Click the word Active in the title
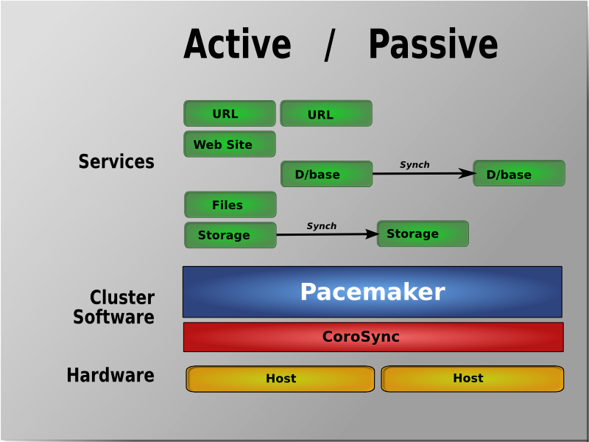pos(237,45)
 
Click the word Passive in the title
pos(433,45)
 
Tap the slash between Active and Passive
pos(329,47)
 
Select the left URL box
pos(229,113)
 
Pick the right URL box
pos(325,113)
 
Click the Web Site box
pos(229,144)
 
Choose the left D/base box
pos(326,174)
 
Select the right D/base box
pos(518,174)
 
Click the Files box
pos(230,205)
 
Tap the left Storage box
pos(230,235)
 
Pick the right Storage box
pos(422,234)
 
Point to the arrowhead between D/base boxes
pos(468,174)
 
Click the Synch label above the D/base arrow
pos(415,165)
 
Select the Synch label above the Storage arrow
pos(321,226)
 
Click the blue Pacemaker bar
pos(372,292)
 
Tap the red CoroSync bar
pos(373,337)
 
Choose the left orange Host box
pos(280,379)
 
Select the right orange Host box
pos(472,379)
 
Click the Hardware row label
pos(110,375)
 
